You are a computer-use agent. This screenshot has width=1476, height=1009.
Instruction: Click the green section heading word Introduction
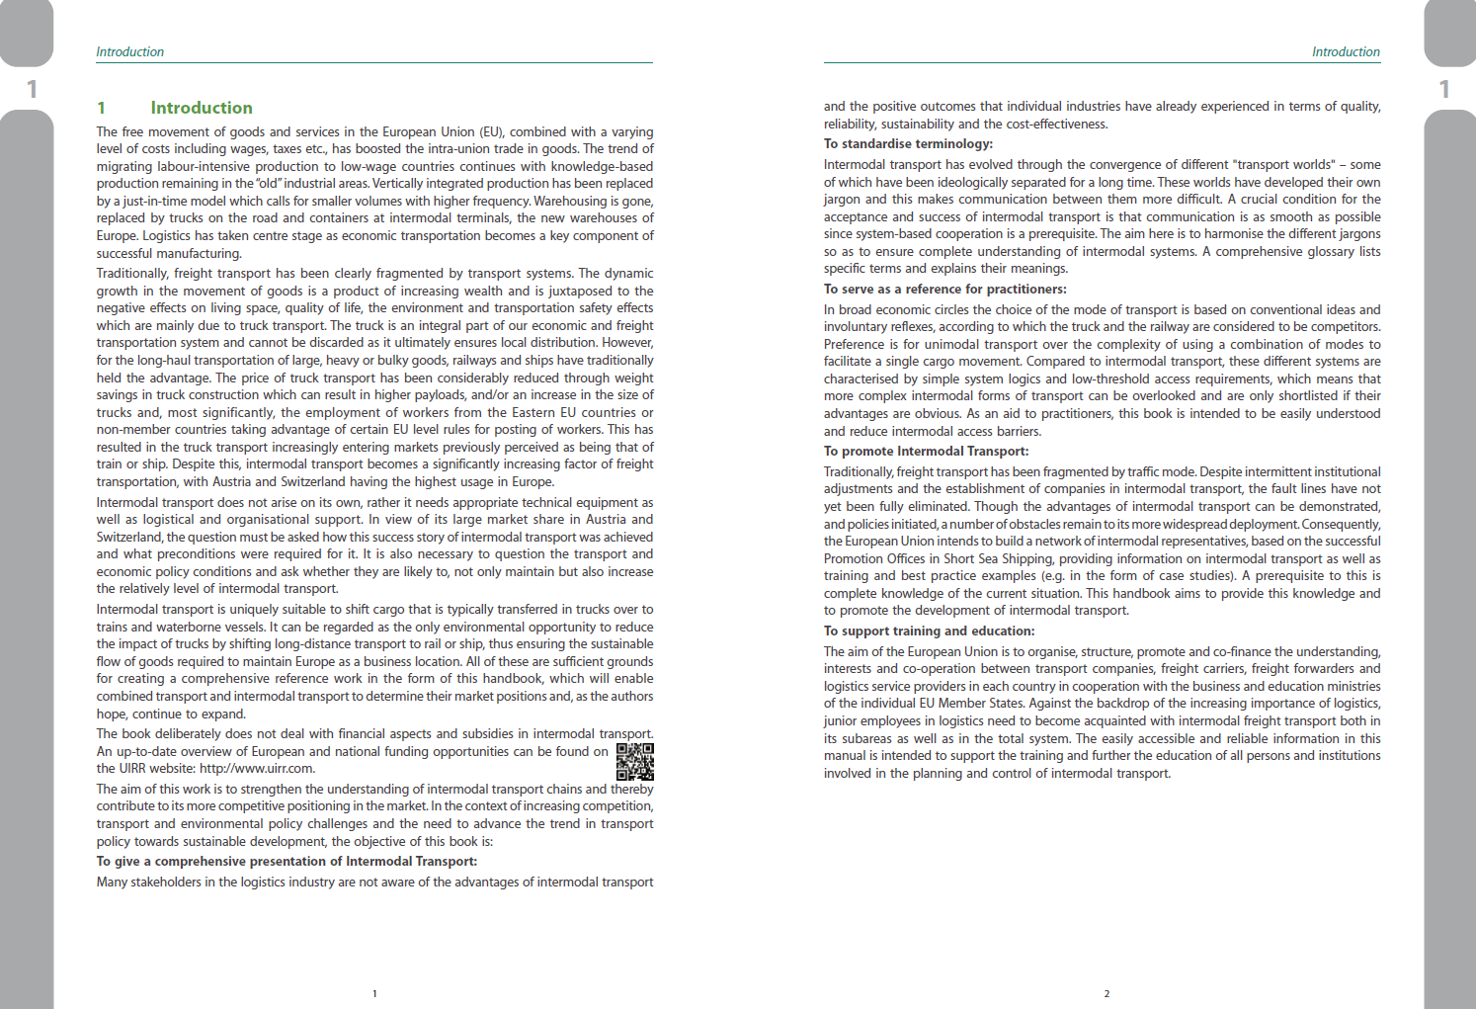[202, 108]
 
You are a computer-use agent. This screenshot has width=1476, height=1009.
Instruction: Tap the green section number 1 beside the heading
[101, 108]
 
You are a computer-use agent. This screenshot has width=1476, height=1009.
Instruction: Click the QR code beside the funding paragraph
[634, 761]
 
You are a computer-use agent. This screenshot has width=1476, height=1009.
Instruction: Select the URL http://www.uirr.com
[257, 769]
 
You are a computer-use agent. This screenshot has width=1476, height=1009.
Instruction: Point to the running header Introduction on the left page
[129, 51]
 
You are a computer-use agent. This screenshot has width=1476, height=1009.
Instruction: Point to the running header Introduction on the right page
[1346, 51]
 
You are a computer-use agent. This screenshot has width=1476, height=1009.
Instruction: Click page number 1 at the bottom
[374, 993]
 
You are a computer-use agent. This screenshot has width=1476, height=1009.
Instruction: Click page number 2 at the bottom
[1107, 993]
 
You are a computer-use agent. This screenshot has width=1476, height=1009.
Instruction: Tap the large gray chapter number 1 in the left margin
[32, 89]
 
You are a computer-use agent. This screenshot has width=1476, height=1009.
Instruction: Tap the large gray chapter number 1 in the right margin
[1444, 89]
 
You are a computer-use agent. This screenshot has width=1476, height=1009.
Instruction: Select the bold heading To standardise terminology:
[908, 144]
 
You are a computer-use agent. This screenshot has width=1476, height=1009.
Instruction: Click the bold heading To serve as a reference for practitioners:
[944, 290]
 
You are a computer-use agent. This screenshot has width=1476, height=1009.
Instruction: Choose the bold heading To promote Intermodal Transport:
[926, 452]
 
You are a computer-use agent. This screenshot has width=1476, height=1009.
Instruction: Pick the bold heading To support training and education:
[929, 631]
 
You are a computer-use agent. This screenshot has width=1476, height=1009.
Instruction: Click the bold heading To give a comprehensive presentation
[287, 862]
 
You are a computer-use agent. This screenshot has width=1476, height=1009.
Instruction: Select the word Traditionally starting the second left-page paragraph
[131, 274]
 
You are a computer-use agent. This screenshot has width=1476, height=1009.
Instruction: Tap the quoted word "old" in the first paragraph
[268, 184]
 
